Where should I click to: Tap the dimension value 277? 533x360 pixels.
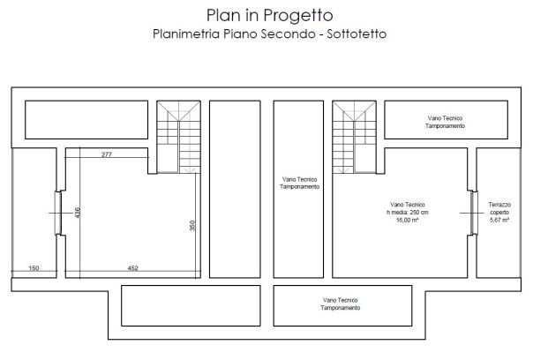(106, 154)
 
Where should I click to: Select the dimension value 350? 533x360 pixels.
(191, 226)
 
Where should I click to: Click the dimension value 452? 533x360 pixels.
(132, 267)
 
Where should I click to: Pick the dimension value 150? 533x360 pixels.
(34, 267)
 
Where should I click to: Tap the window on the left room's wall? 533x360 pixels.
(57, 213)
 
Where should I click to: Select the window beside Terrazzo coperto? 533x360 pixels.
(471, 213)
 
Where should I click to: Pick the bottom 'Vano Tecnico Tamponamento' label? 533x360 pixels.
(340, 304)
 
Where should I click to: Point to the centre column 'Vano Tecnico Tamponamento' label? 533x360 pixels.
(299, 183)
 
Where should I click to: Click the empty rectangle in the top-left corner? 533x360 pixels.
(86, 119)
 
